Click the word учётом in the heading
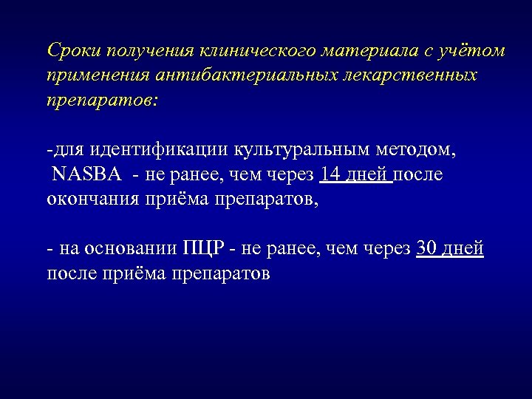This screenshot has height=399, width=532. coord(473,51)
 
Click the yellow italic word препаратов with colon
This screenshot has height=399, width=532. coord(101,100)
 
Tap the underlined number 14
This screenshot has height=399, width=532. coord(332,175)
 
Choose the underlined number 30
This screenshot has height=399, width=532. coord(428,249)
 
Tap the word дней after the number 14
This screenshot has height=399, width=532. coord(368,175)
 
